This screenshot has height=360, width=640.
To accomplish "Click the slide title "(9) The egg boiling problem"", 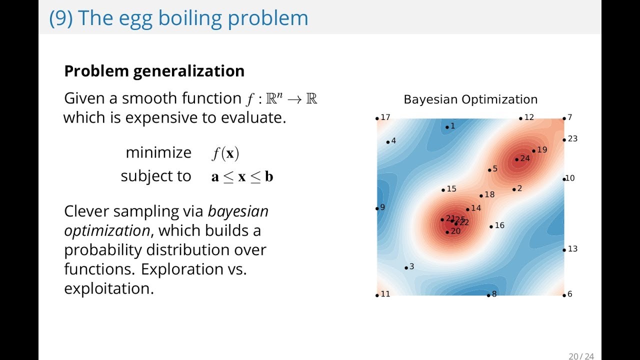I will (x=178, y=18).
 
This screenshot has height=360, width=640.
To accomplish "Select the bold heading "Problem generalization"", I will (x=154, y=71).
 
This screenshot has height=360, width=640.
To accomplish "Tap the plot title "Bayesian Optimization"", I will (x=470, y=99).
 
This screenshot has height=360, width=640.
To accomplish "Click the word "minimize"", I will (x=158, y=152).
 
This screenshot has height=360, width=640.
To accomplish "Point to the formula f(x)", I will (x=225, y=153).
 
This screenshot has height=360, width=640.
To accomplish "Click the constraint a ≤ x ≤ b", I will (x=242, y=176).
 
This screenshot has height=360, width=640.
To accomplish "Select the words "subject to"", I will (x=155, y=176).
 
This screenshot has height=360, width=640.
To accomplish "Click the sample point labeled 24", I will (x=517, y=159).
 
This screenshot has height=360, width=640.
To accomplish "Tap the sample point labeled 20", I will (x=447, y=231).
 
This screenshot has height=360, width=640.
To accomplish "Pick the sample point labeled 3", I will (x=406, y=267).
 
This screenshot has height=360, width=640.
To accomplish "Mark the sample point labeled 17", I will (x=377, y=118).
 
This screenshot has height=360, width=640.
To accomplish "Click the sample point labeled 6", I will (x=564, y=295).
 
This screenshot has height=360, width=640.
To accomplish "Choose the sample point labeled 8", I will (x=488, y=295).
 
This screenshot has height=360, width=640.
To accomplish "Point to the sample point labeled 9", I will (x=377, y=208).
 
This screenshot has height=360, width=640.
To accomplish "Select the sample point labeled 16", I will (x=491, y=226).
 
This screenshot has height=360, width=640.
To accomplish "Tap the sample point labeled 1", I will (x=447, y=127).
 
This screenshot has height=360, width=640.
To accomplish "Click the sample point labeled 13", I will (x=564, y=249).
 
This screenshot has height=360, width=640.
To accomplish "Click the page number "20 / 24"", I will (x=580, y=356).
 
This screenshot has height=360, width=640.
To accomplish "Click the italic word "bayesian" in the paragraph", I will (x=238, y=211).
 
